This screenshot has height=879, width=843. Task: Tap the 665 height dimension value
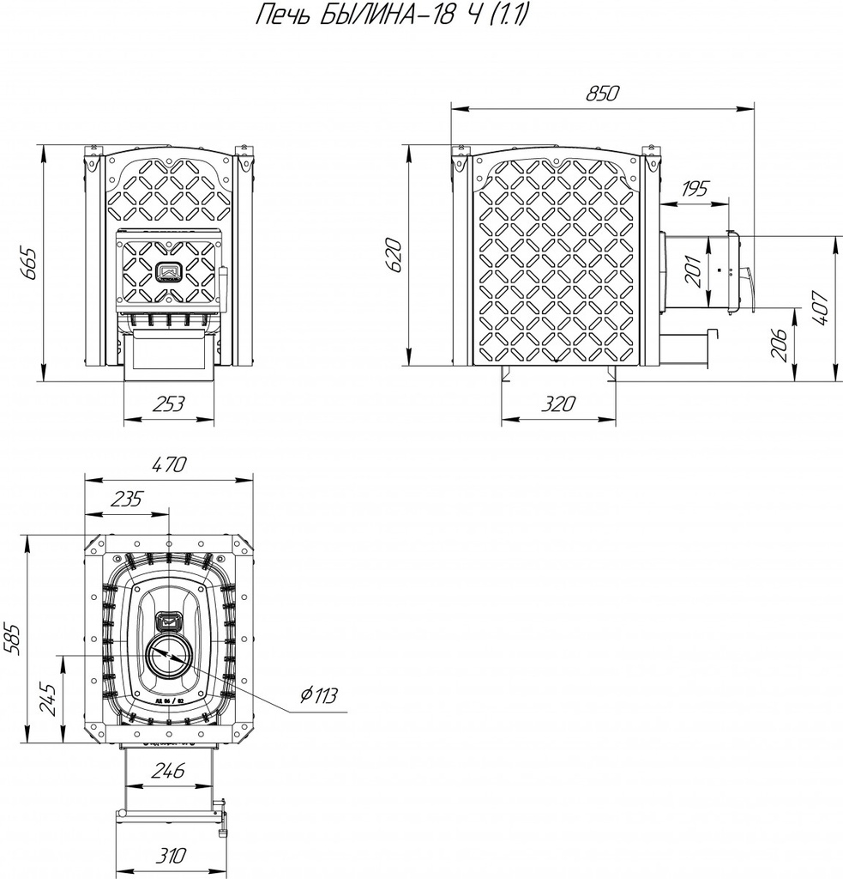click(x=27, y=264)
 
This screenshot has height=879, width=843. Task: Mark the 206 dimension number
click(x=780, y=345)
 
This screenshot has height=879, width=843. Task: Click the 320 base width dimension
click(x=558, y=404)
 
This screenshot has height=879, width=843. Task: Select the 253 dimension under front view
click(x=168, y=405)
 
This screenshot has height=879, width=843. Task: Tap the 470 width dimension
click(x=169, y=466)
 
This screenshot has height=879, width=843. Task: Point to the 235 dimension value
click(x=126, y=499)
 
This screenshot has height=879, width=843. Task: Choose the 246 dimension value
click(x=168, y=771)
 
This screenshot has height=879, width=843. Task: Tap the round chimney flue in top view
click(x=169, y=658)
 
